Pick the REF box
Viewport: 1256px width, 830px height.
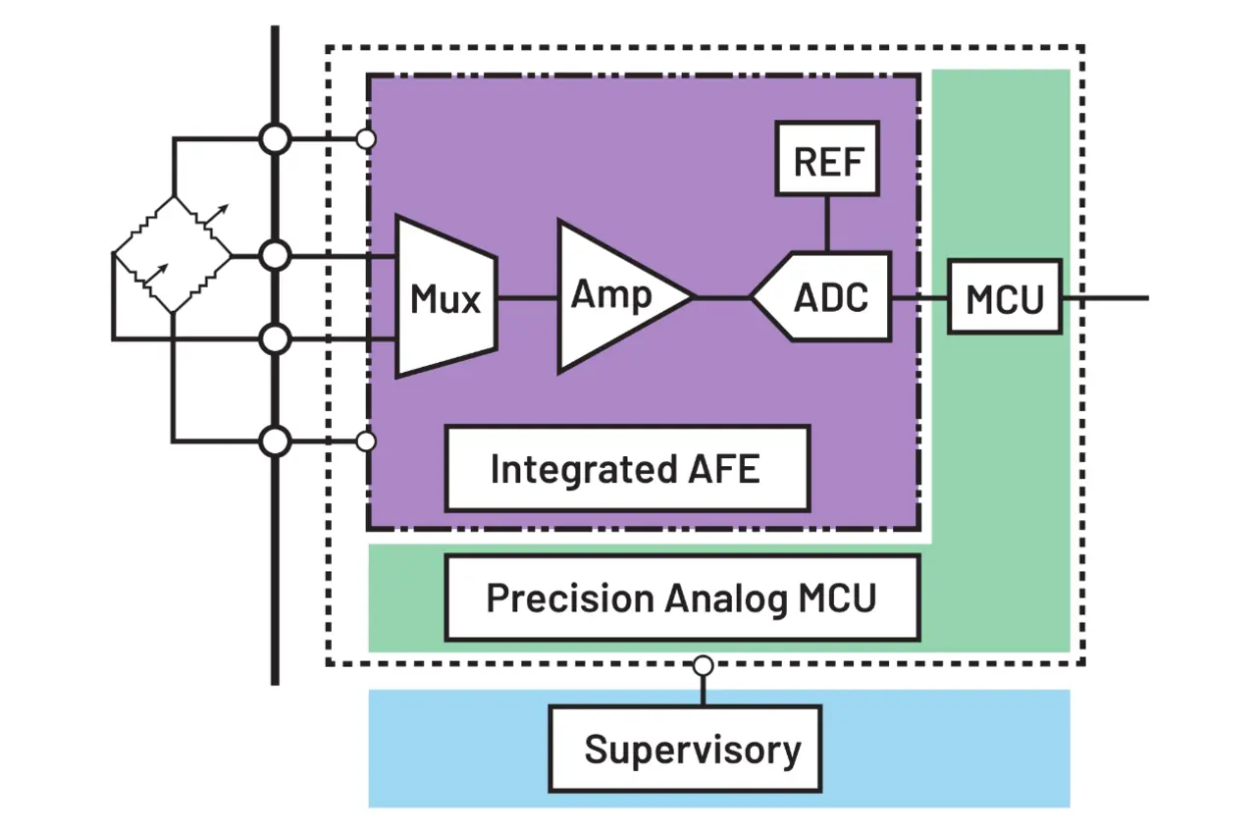(x=826, y=158)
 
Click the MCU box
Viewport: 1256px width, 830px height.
(x=1005, y=296)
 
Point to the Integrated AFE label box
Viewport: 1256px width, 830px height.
(x=627, y=468)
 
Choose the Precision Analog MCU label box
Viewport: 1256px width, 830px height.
(x=682, y=597)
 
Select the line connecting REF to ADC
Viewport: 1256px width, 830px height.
(x=826, y=223)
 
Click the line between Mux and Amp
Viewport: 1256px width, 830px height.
(x=527, y=296)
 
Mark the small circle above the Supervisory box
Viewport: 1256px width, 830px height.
(x=703, y=666)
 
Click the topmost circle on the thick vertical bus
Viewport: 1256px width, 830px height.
(x=276, y=139)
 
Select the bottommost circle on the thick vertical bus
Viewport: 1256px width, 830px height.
(x=276, y=441)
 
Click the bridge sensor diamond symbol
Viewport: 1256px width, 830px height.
(x=172, y=255)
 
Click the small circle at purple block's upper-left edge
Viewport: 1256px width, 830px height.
(x=366, y=139)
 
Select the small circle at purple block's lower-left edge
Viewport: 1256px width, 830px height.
(x=366, y=441)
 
